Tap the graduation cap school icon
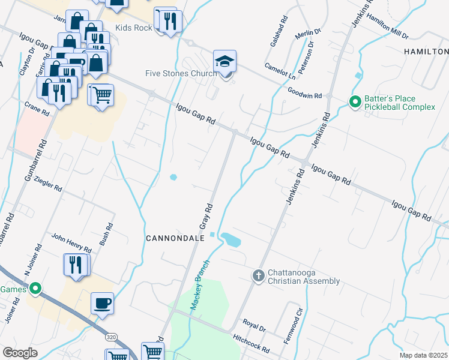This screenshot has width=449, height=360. coord(225,61)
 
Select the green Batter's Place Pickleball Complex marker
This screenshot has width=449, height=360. coord(355,103)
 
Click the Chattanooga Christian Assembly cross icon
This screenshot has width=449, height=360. coord(258,276)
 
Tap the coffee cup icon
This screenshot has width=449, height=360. coord(102,303)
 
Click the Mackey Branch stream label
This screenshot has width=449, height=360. coord(200,285)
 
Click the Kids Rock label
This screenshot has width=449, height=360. coord(133,28)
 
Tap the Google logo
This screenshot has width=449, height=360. coord(20,353)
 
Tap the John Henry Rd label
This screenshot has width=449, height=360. coord(71,243)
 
